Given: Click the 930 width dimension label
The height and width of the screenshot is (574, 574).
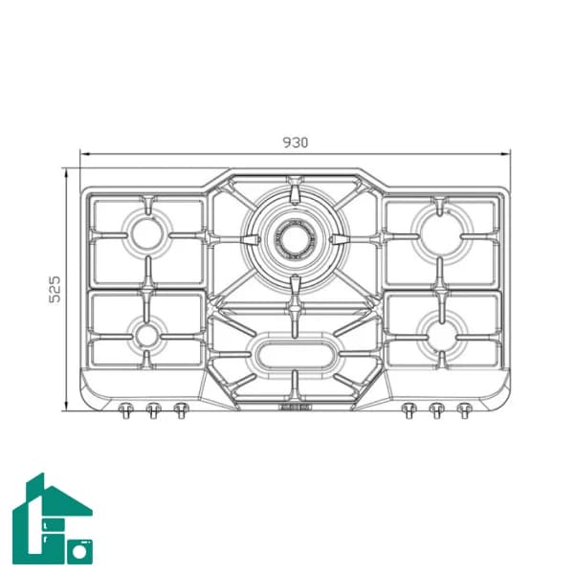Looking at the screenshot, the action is [296, 143].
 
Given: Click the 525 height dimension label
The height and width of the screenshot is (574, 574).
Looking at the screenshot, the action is [55, 289].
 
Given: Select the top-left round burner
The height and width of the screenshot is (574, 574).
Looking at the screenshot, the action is [147, 234].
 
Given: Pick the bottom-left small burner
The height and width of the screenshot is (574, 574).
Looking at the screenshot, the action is [146, 336].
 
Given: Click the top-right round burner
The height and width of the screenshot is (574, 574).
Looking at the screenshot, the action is [441, 233].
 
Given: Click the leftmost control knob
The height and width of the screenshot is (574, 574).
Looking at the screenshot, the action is [125, 410].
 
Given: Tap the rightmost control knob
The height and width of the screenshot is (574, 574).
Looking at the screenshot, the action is [464, 410].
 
